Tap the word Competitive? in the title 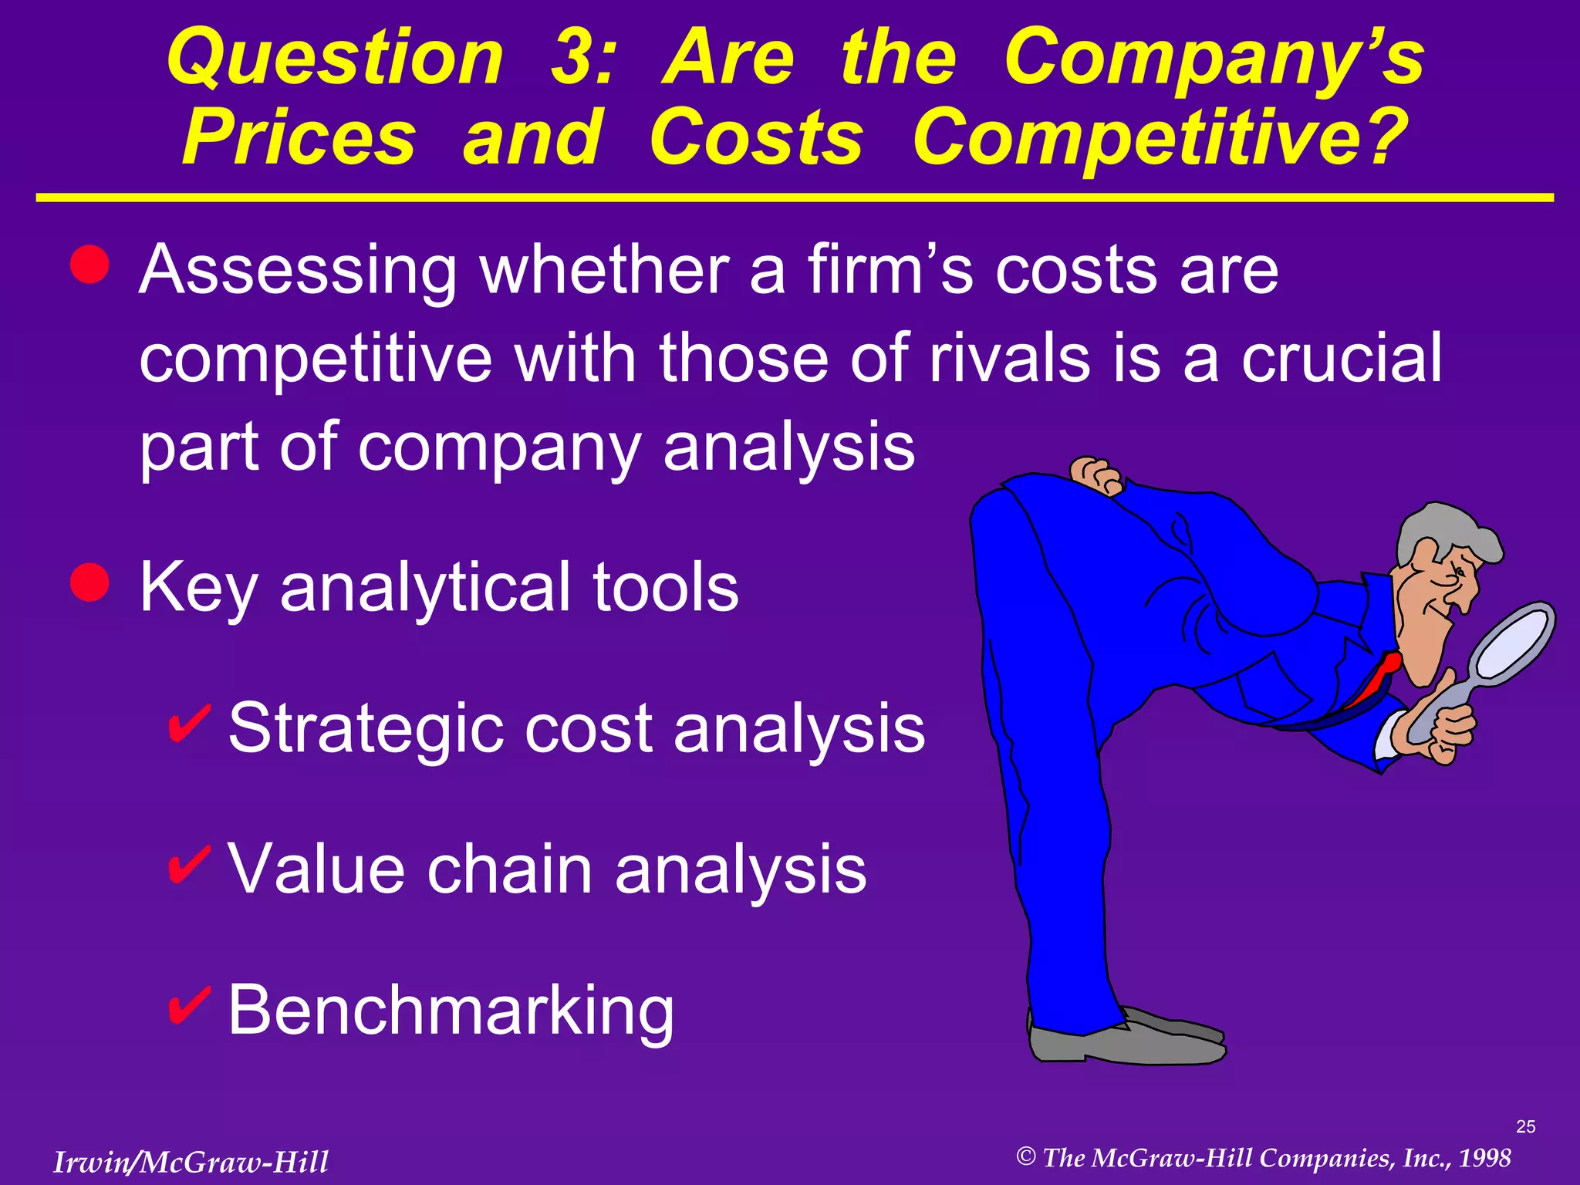(1160, 137)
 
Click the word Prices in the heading (299, 137)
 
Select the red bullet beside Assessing (89, 265)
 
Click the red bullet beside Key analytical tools (89, 581)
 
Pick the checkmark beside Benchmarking (187, 1004)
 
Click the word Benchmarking (451, 1011)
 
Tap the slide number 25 (1525, 1126)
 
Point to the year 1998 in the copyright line (1484, 1157)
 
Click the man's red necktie (1377, 679)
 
